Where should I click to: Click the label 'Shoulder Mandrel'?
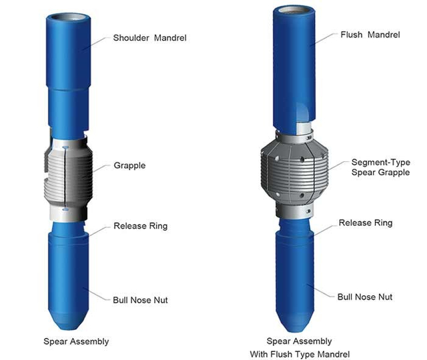(x=149, y=38)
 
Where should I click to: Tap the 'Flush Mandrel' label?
(x=370, y=35)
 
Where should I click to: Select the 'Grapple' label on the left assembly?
(x=129, y=165)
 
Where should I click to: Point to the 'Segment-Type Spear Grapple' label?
(x=381, y=167)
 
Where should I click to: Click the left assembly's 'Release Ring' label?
(x=141, y=226)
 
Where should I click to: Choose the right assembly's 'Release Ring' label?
(x=366, y=223)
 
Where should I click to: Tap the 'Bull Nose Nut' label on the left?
(x=140, y=300)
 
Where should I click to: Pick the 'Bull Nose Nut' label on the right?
(x=365, y=297)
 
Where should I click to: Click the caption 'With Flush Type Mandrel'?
(x=300, y=354)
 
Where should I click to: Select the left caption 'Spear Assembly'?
(x=76, y=341)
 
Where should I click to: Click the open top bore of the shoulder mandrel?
(x=68, y=18)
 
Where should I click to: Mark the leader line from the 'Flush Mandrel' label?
(x=325, y=39)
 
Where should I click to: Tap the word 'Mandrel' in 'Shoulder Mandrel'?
(x=171, y=38)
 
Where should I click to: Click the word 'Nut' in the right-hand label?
(x=385, y=297)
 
